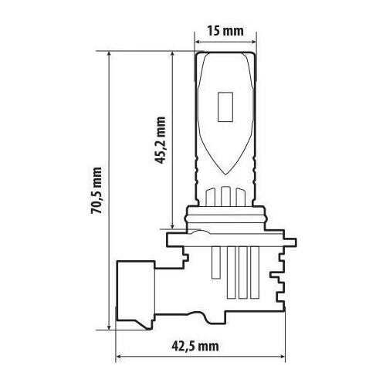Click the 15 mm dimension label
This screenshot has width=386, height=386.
[x=225, y=31]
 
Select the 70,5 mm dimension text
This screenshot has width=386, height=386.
[x=96, y=191]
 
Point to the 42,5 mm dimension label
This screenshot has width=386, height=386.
[x=195, y=347]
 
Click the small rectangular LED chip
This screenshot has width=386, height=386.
[x=225, y=107]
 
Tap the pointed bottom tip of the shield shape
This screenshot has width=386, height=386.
[x=225, y=175]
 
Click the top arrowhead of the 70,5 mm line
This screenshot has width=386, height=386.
[x=110, y=55]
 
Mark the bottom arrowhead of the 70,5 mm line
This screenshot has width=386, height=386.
[x=110, y=327]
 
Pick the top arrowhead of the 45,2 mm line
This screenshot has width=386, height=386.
[x=173, y=55]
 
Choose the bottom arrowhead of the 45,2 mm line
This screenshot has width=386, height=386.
[x=173, y=225]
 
